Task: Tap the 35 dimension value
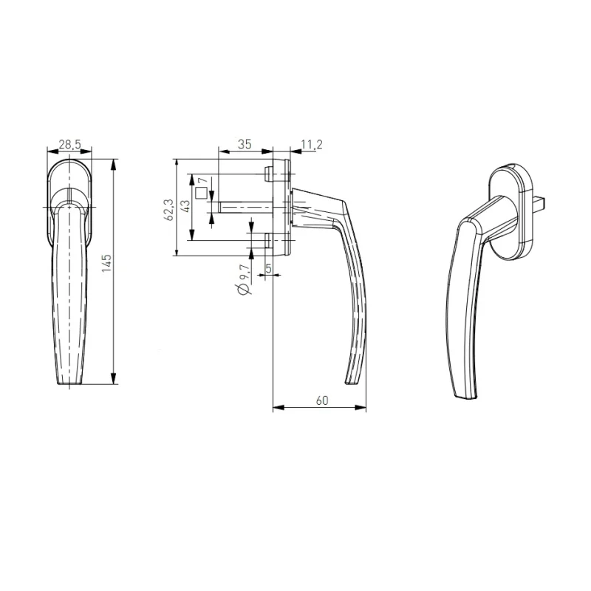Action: tap(245, 144)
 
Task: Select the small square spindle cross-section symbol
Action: tap(201, 194)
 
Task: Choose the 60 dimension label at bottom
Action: tap(321, 400)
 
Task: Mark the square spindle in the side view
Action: tap(244, 208)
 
